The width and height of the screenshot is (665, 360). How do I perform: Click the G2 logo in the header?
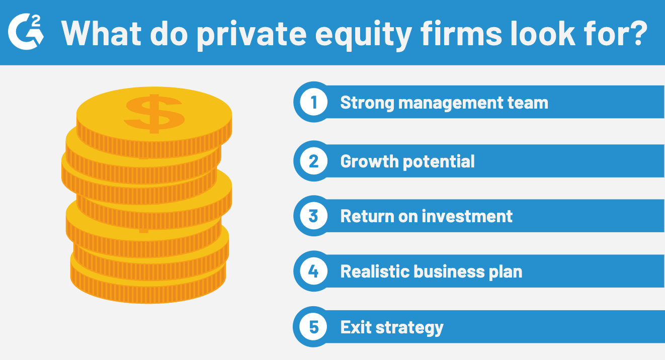(26, 32)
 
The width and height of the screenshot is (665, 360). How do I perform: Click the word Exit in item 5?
(355, 327)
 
